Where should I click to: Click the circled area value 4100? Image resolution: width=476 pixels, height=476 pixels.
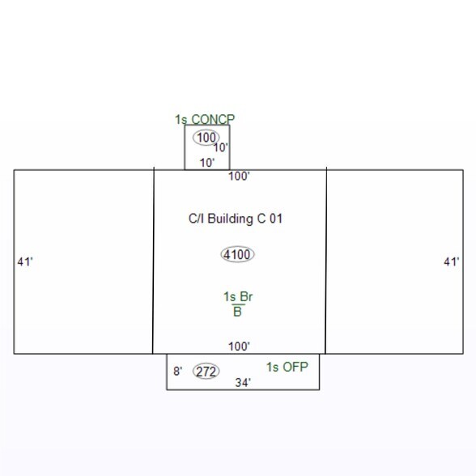[237, 254]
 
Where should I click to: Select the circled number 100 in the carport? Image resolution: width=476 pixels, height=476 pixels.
[206, 138]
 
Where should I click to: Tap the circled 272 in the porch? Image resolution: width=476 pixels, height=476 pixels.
[206, 371]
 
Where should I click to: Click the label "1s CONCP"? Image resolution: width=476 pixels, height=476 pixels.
[205, 119]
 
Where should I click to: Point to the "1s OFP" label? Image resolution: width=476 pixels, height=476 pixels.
[287, 367]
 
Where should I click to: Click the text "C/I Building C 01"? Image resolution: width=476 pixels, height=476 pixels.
[236, 219]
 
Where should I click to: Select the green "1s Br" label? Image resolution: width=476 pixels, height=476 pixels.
[238, 296]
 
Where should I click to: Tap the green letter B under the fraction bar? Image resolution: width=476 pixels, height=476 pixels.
[237, 312]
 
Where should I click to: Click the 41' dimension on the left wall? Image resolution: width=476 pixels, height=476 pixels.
[25, 261]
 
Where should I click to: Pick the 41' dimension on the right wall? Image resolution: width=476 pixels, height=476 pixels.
[452, 261]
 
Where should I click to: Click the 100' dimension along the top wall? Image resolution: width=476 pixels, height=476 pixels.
[239, 176]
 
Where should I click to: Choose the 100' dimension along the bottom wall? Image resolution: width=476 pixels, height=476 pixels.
[239, 346]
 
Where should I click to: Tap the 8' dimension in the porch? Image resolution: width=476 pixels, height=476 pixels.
[178, 371]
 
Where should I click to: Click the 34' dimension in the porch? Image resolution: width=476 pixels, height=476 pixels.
[243, 382]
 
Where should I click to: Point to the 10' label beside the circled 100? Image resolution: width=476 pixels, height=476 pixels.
[221, 148]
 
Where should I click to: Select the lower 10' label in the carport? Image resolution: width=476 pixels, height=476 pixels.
[207, 163]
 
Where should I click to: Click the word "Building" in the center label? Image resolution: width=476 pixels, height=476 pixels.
[230, 219]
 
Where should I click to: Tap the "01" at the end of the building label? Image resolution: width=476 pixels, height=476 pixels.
[275, 219]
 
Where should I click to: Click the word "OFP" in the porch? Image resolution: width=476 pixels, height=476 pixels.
[295, 367]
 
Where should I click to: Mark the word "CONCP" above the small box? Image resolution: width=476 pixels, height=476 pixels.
[213, 119]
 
